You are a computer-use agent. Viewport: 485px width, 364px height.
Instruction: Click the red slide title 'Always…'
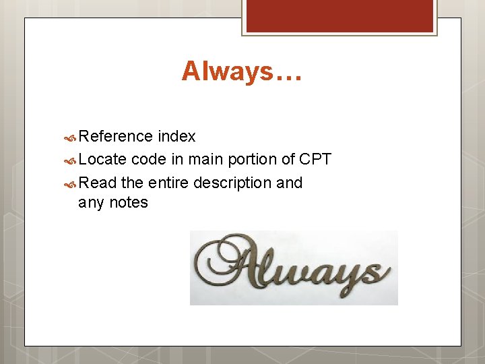pos(242,71)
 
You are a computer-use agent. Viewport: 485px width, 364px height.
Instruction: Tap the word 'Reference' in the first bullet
pos(116,136)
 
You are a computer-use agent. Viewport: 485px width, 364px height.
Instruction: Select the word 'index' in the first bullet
pos(176,136)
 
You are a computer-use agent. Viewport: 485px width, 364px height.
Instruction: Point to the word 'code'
pos(148,160)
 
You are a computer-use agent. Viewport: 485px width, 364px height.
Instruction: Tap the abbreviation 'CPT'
pos(315,160)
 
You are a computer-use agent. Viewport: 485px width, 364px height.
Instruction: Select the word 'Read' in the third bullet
pos(98,183)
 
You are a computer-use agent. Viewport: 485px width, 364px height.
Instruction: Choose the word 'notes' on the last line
pos(129,202)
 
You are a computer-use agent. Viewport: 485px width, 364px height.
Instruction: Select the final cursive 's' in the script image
pos(375,273)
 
